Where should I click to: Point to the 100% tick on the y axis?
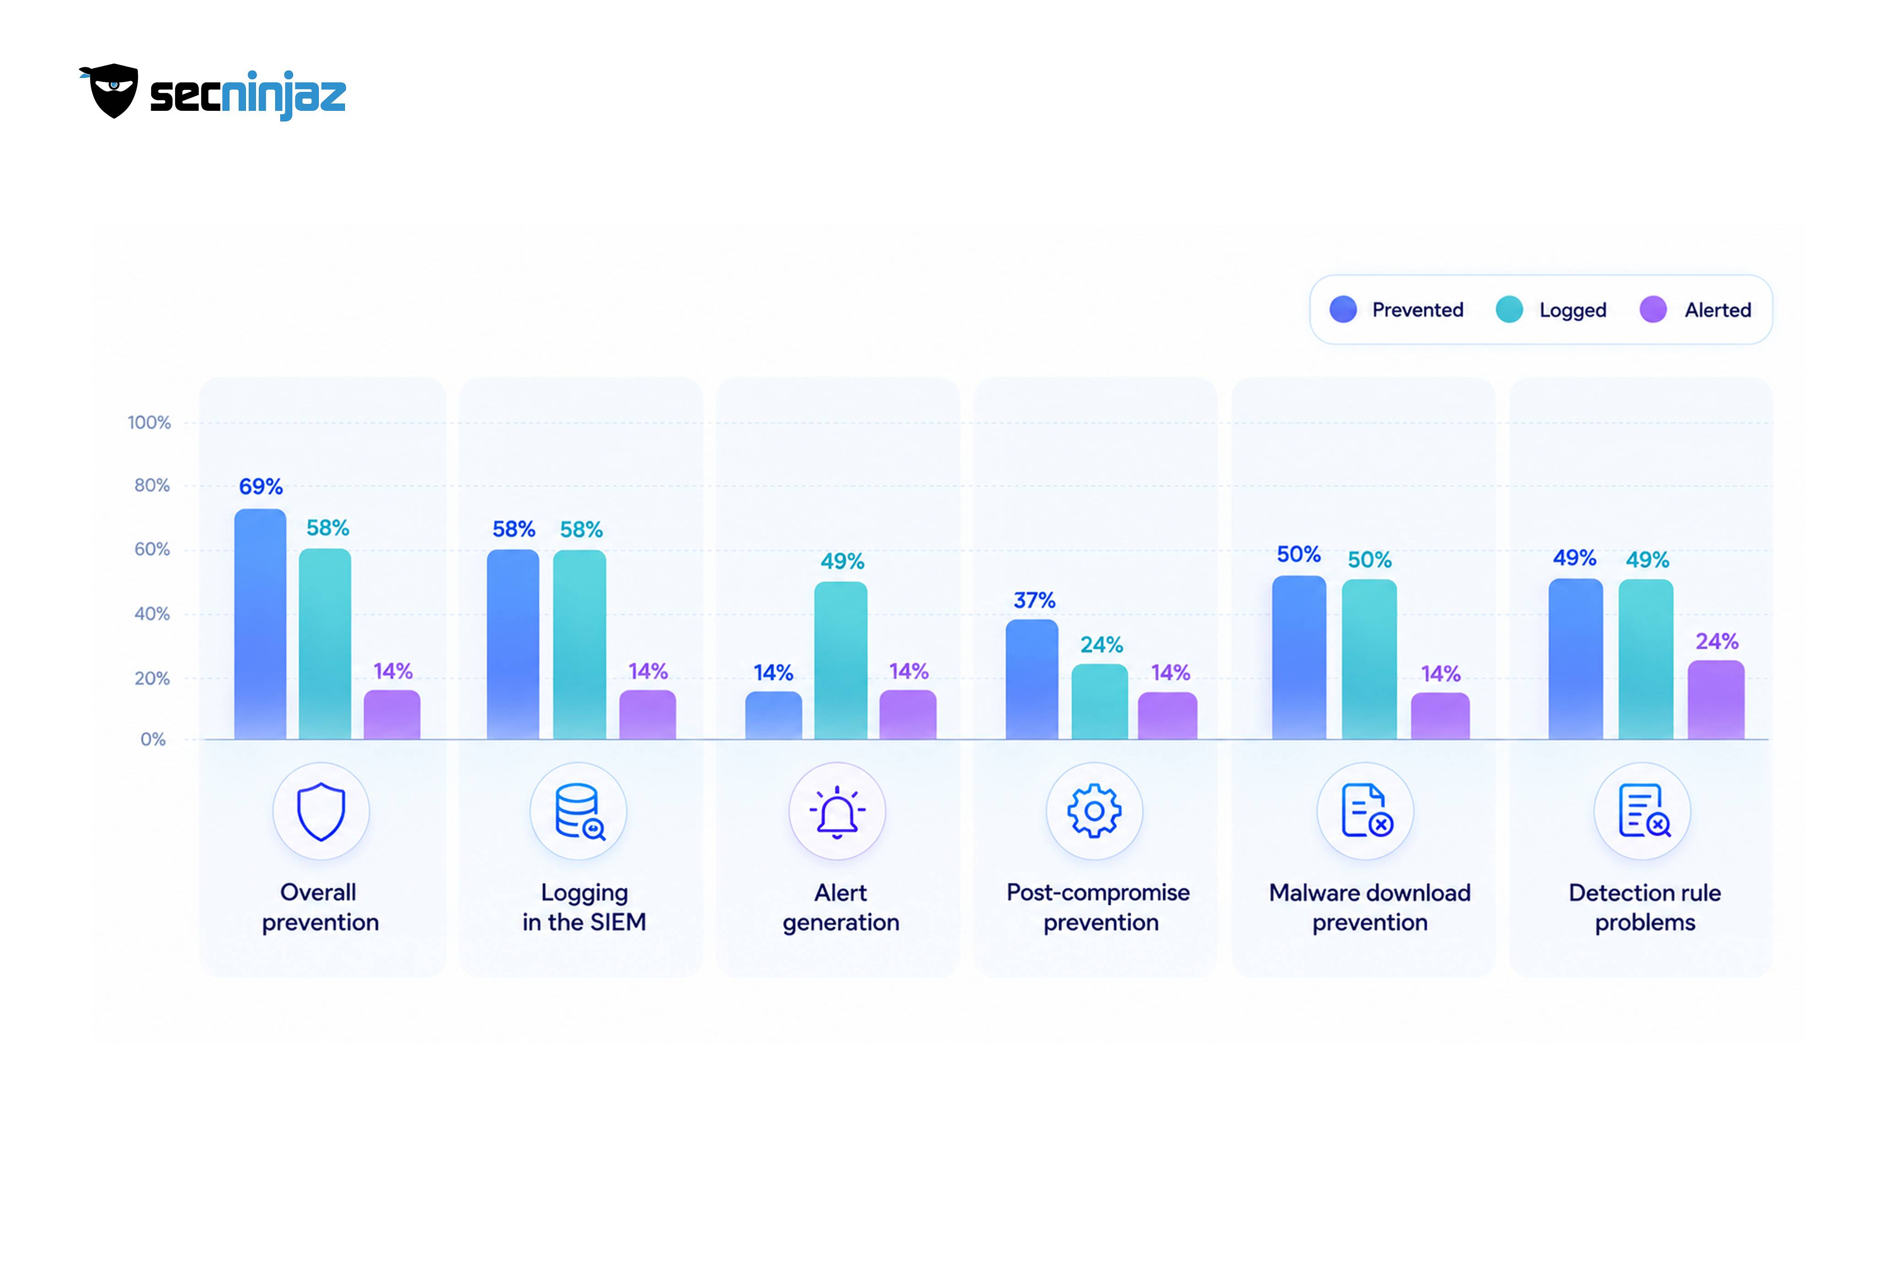[x=149, y=422]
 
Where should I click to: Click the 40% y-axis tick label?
[x=152, y=614]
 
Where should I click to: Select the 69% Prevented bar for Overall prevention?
[x=260, y=624]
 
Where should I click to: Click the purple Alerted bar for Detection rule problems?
[x=1716, y=700]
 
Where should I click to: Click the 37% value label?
[x=1034, y=600]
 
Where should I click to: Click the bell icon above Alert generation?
[x=837, y=812]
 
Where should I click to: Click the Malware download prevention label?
[x=1370, y=907]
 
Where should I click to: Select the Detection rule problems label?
[x=1645, y=907]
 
